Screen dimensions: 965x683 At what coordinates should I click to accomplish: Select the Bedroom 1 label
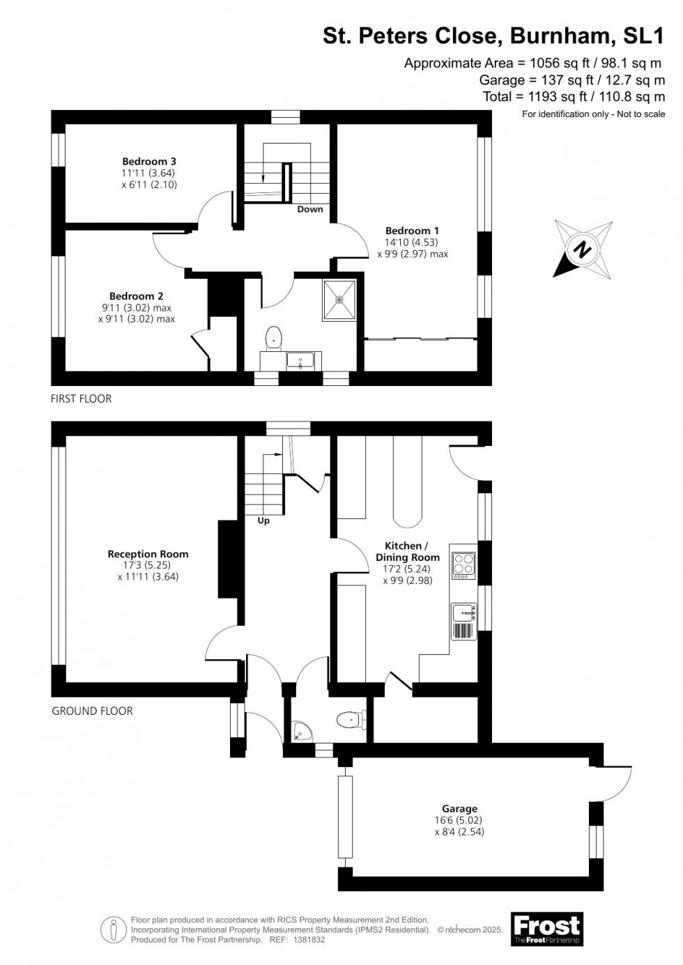pos(412,231)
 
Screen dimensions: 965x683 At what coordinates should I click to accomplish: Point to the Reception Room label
pos(148,554)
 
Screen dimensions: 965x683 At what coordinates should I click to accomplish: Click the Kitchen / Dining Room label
pos(408,551)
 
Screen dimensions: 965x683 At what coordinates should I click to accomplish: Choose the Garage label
pos(459,809)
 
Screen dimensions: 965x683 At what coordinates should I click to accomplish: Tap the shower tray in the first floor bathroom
pos(339,300)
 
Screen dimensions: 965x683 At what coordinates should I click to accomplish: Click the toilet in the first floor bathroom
pos(273,338)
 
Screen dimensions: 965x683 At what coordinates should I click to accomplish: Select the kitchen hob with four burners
pos(464,565)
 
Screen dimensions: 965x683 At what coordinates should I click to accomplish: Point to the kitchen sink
pos(464,612)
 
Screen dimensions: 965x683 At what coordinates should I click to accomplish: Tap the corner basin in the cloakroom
pos(302,732)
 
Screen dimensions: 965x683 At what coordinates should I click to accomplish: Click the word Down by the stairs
pos(310,209)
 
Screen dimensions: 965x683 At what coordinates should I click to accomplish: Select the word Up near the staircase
pos(263,520)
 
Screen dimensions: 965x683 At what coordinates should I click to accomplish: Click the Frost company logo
pos(546,929)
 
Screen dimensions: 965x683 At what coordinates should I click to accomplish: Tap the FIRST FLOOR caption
pos(82,399)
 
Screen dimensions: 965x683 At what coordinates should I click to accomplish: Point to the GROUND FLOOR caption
pos(92,711)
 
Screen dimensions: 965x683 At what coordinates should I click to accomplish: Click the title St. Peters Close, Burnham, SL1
pos(493,36)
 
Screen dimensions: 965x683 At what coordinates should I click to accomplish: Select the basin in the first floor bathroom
pos(300,362)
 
